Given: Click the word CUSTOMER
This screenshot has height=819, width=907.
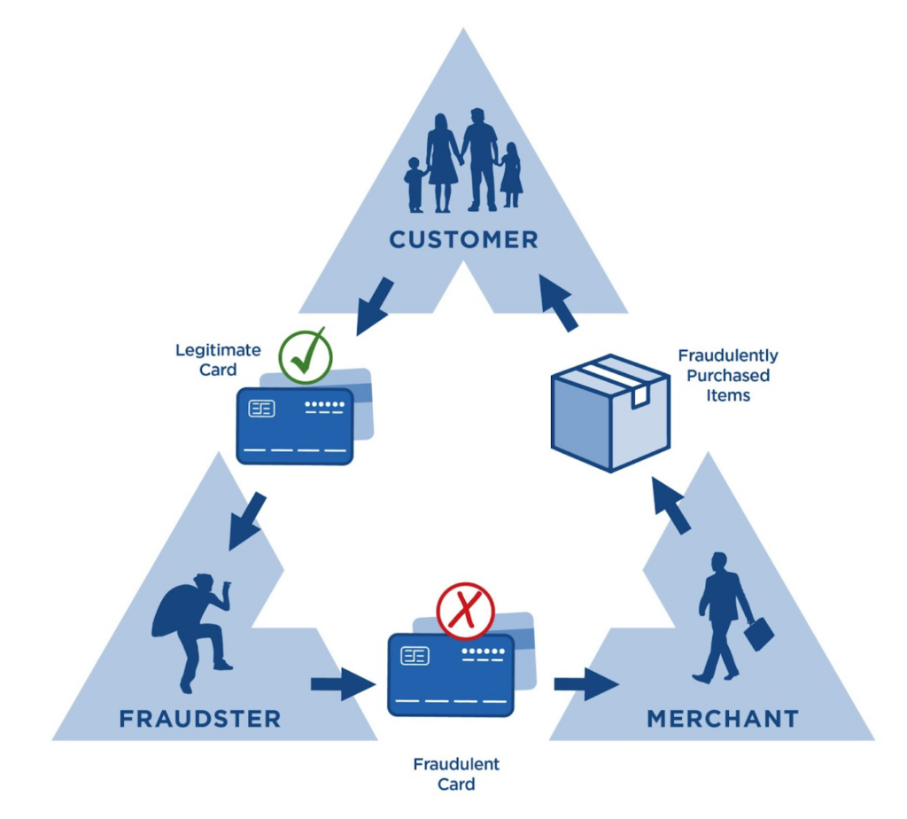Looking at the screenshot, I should [463, 239].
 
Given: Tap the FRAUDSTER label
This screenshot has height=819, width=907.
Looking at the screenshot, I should [200, 718].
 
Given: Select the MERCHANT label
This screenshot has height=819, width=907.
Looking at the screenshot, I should [723, 718].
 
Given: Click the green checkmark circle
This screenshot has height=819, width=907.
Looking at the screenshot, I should [305, 356].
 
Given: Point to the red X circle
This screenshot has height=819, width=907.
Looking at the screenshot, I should [465, 611].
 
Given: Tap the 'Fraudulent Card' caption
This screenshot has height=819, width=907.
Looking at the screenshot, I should [456, 774].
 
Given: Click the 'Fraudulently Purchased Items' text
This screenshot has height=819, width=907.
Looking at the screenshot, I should [728, 375].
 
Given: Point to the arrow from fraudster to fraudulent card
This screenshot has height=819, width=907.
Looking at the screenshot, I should [341, 684].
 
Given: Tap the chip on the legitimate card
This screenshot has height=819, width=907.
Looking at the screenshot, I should [262, 409].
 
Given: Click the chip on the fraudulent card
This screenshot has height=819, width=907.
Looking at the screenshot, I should [415, 656].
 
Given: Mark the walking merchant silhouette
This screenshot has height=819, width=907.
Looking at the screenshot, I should [719, 617].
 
